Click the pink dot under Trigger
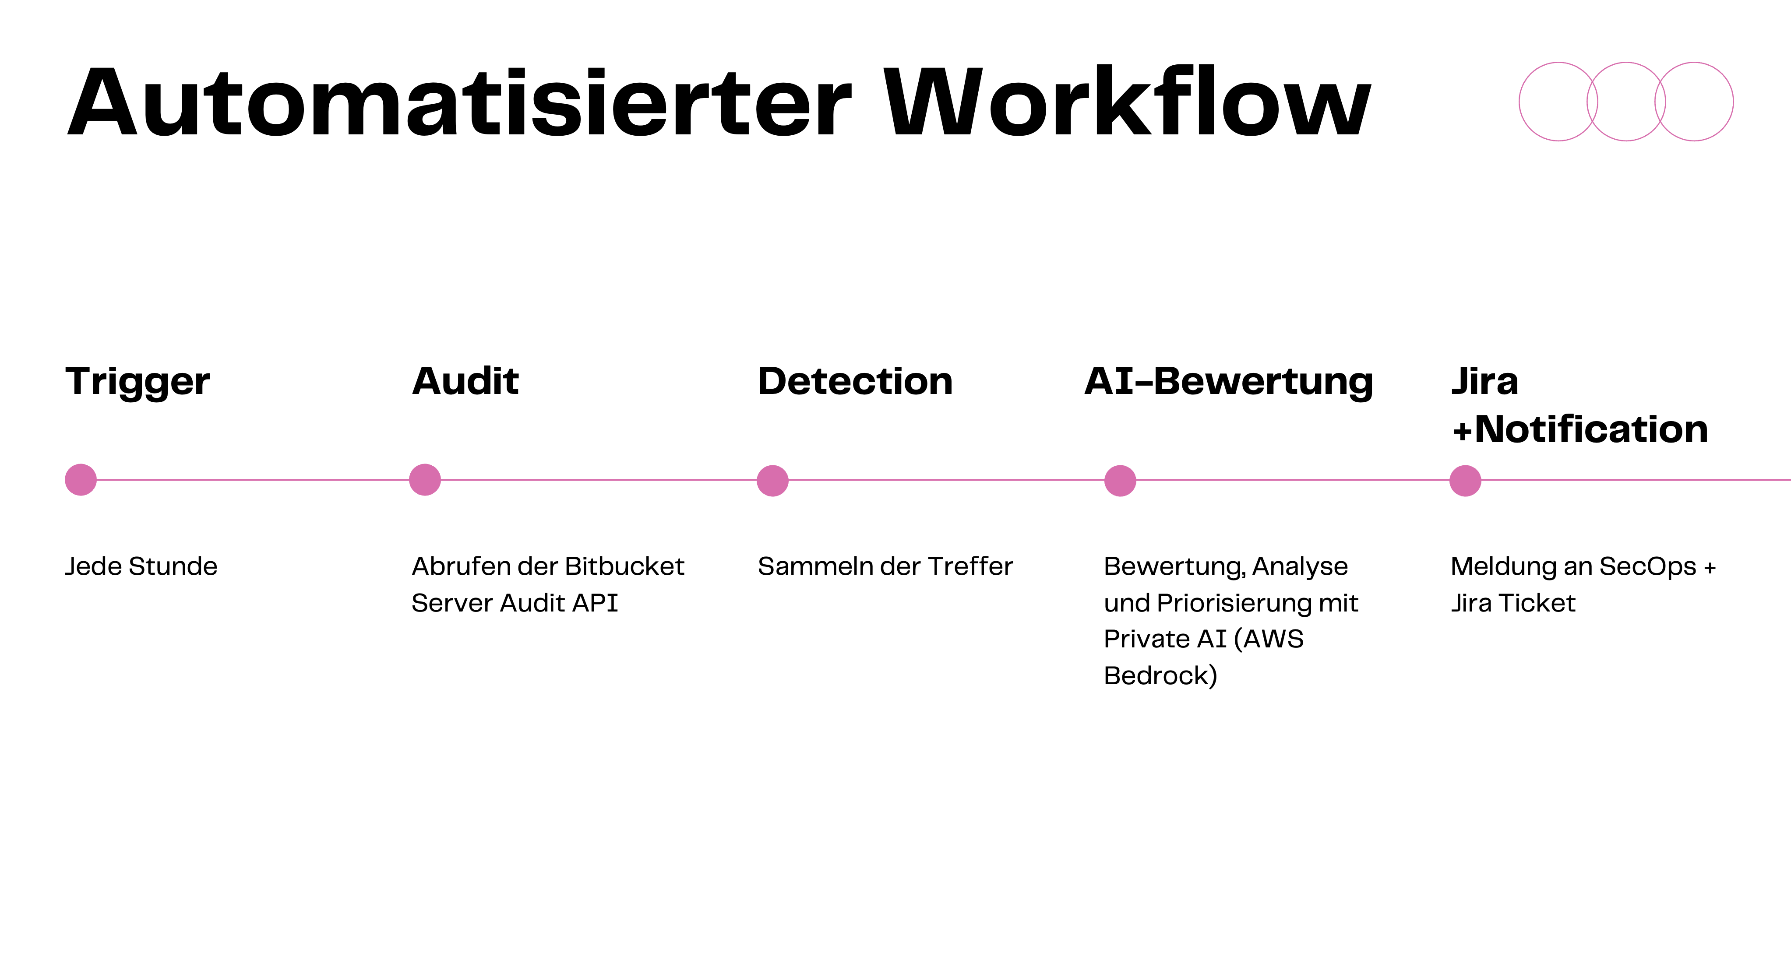[81, 479]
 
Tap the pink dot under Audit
[425, 479]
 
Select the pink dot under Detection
[772, 480]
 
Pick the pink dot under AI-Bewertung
[1120, 480]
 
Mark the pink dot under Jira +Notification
[1465, 480]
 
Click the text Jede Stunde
[141, 566]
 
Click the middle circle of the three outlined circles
[1626, 102]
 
